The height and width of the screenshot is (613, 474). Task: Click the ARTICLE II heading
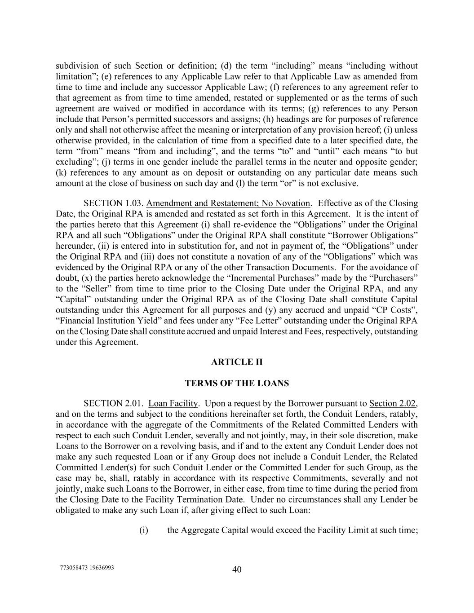tap(237, 362)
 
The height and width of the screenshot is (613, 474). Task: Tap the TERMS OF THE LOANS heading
tap(237, 384)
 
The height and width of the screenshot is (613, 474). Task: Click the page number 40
tap(237, 569)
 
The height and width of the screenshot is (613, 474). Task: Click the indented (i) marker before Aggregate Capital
tap(143, 530)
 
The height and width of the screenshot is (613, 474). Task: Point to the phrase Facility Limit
tap(343, 530)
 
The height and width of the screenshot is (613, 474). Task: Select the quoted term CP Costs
tap(398, 310)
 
